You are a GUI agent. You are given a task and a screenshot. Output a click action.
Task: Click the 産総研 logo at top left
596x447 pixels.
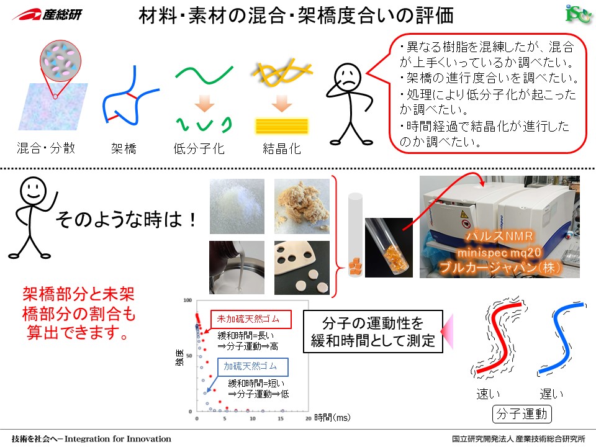point(47,14)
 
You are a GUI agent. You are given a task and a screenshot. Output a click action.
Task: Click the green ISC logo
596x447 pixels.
point(578,14)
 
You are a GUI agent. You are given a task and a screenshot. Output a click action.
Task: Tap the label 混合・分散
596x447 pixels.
point(46,148)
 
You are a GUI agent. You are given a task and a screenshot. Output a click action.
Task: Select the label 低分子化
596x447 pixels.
point(199,148)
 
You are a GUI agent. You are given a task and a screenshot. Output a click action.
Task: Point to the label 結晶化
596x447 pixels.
point(282,148)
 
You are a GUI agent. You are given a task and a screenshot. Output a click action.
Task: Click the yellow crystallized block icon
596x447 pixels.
point(282,126)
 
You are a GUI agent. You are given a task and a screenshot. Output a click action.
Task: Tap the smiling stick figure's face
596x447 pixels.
point(34,191)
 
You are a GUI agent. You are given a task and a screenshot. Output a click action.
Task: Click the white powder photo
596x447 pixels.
point(237,206)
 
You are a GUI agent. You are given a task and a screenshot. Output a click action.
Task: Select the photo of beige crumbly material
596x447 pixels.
point(302,206)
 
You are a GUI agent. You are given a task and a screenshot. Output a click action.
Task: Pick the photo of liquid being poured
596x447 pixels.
point(237,268)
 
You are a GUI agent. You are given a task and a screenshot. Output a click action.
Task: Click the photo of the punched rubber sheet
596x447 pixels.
point(302,268)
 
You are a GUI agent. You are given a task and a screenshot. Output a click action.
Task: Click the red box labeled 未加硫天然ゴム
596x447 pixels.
point(251,319)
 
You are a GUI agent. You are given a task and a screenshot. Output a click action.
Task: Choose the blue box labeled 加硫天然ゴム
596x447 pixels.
point(253,367)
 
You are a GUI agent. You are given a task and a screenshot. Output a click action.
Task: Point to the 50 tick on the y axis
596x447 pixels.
point(189,356)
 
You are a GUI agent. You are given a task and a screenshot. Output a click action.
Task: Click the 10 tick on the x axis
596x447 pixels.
point(253,418)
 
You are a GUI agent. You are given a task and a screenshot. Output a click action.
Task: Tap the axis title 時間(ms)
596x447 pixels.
point(332,417)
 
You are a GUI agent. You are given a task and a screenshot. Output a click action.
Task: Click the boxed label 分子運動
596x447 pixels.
point(521,413)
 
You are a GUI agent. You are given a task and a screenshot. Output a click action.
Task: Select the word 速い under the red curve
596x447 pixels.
point(489,394)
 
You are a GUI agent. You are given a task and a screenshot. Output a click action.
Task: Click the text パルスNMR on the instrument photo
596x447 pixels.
point(499,236)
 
